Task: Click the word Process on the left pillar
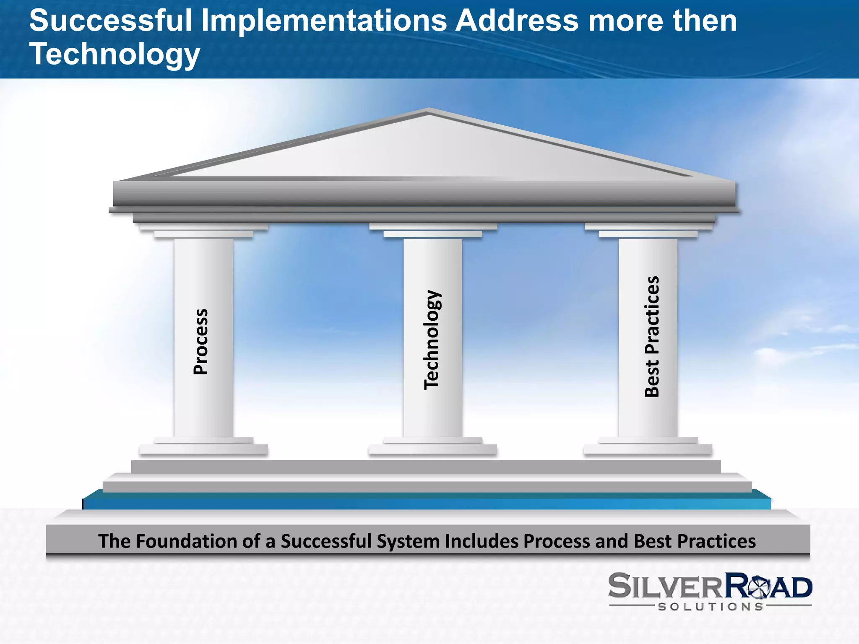tap(200, 341)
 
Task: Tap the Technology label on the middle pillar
tap(432, 339)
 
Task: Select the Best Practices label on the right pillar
tap(652, 336)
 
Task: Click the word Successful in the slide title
tap(110, 21)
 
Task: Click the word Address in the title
tap(517, 21)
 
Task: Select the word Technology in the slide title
tap(115, 55)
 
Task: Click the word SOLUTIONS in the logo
tap(711, 607)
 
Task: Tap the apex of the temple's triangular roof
tap(428, 111)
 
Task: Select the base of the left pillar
tap(204, 447)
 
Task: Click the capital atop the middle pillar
tap(433, 230)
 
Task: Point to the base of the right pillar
tap(648, 447)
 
